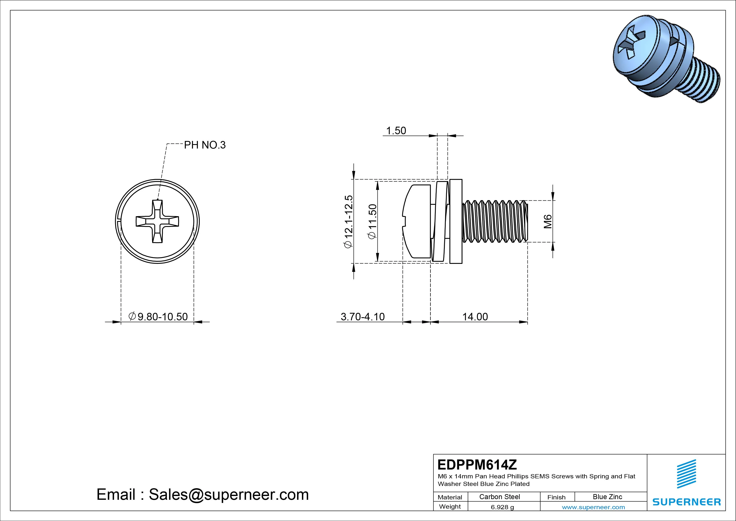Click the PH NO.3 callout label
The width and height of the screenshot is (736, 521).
pyautogui.click(x=205, y=145)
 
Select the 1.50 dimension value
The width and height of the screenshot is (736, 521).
pyautogui.click(x=396, y=131)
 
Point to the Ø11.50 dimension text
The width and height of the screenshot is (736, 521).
pyautogui.click(x=372, y=221)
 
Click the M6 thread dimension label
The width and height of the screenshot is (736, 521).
pyautogui.click(x=548, y=221)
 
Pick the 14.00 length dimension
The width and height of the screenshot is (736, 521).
pyautogui.click(x=475, y=317)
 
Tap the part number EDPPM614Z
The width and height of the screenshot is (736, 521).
pyautogui.click(x=477, y=464)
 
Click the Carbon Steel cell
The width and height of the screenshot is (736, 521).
pyautogui.click(x=499, y=497)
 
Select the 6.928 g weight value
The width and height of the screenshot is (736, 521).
pyautogui.click(x=502, y=507)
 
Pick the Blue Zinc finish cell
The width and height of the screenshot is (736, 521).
pyautogui.click(x=607, y=497)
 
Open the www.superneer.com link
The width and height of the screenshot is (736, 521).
pyautogui.click(x=593, y=507)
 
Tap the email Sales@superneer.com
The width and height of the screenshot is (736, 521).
pyautogui.click(x=203, y=495)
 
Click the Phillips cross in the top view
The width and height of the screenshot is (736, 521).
pyautogui.click(x=157, y=221)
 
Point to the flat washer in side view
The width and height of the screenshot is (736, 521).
pyautogui.click(x=456, y=221)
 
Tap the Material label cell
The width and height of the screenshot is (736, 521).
pyautogui.click(x=450, y=497)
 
